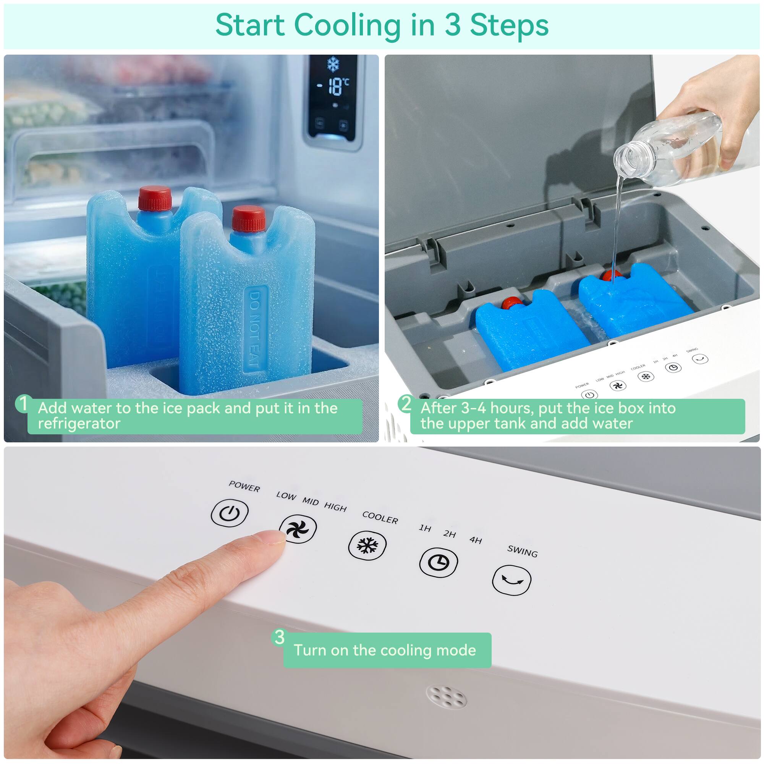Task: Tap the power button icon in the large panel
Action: point(230,513)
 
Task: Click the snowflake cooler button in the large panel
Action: point(367,546)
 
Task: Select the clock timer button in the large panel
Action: point(438,562)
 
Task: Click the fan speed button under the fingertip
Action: point(298,529)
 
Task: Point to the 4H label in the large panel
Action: point(476,540)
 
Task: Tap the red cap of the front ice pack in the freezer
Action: point(249,218)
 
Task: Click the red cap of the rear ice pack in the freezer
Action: point(155,198)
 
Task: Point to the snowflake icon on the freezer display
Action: point(333,64)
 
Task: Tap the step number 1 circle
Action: point(24,404)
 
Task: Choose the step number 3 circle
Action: point(280,637)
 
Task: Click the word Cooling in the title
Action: point(348,25)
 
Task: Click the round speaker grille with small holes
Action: point(446,697)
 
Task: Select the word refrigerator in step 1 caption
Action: point(79,424)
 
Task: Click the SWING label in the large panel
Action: point(522,551)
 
